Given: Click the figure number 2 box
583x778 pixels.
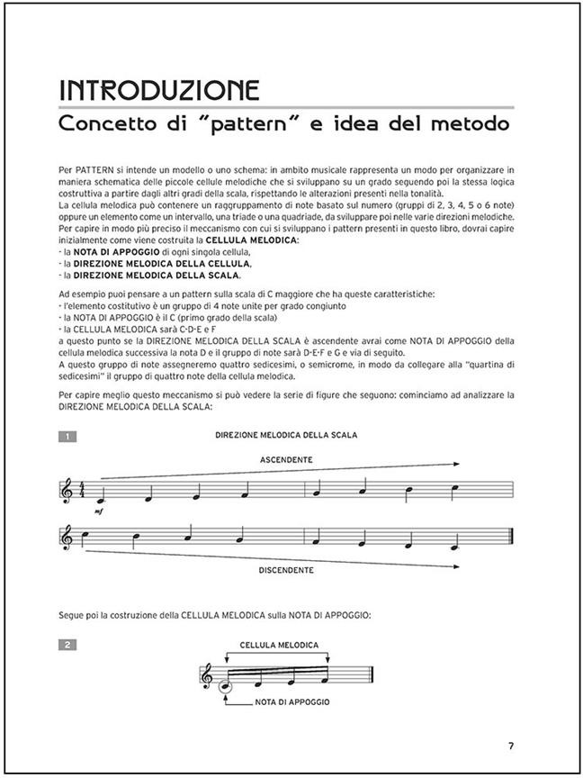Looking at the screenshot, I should [67, 645].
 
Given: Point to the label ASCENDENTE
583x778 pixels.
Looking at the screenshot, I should [286, 459].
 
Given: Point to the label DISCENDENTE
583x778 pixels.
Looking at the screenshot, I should [286, 570].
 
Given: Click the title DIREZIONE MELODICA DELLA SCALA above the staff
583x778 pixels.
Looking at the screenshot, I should [286, 435].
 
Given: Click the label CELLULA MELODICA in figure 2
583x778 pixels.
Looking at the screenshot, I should [279, 646].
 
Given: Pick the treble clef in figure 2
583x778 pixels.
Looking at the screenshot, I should [208, 676].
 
